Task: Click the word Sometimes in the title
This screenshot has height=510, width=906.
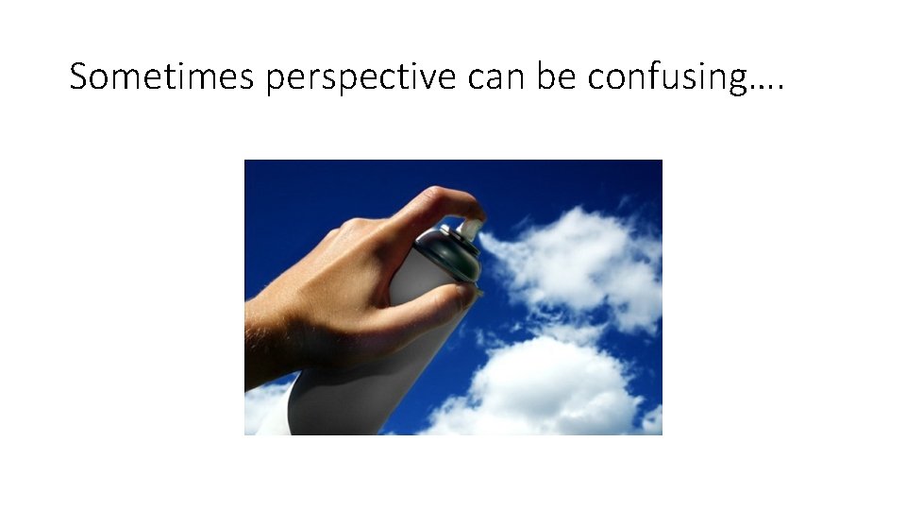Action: [161, 76]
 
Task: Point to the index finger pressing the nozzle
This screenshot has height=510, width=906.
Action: [444, 203]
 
